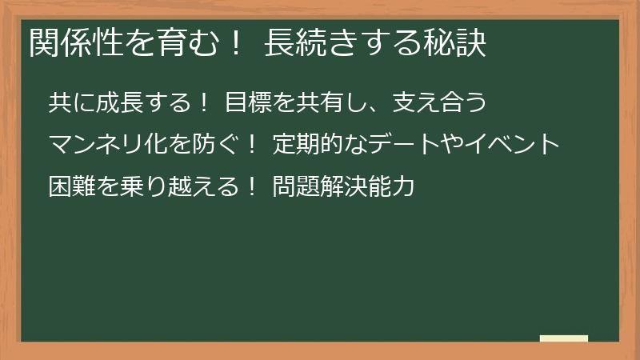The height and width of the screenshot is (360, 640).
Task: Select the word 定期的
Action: (x=306, y=146)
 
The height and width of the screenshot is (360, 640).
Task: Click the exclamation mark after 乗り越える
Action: (x=251, y=188)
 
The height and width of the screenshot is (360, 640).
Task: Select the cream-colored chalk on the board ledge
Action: (x=564, y=338)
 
